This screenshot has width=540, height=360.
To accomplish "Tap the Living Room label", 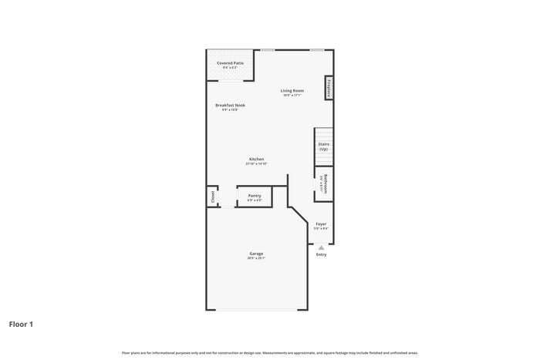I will click(x=292, y=90).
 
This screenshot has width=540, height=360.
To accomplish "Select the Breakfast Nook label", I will click(x=230, y=105).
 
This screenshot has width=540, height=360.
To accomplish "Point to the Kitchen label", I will click(x=256, y=159).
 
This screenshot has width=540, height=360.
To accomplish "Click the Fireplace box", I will click(x=329, y=88).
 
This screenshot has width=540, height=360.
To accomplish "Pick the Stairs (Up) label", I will click(x=324, y=146).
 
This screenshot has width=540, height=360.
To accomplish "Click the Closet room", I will click(x=212, y=197).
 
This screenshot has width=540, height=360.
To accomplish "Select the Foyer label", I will click(x=321, y=224).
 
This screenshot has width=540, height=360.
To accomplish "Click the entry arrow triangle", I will click(x=321, y=247).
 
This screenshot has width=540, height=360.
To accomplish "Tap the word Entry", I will click(x=321, y=254).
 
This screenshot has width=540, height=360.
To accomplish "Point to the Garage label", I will click(x=256, y=253).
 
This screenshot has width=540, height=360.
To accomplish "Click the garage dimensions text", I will click(x=256, y=258).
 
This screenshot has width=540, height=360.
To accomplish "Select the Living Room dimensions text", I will click(x=292, y=96).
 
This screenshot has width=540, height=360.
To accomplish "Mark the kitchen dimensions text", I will click(x=256, y=164).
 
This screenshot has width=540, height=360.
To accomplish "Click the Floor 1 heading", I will click(x=21, y=324).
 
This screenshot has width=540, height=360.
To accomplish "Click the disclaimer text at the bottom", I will click(x=269, y=352).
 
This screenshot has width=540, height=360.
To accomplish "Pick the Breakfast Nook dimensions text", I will click(x=230, y=110).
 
